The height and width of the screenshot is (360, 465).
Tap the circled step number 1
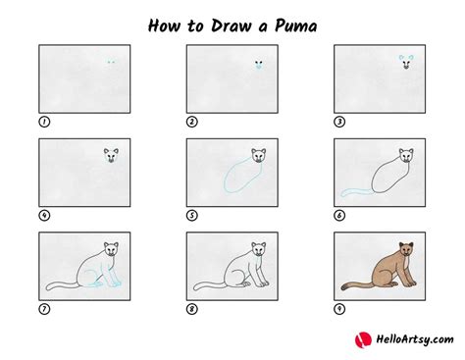43,123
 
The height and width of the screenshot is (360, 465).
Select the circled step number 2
192,123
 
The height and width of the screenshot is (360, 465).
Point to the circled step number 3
340,123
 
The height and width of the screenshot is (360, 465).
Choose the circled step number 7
43,309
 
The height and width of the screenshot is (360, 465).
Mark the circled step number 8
192,309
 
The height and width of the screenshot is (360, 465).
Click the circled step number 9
340,309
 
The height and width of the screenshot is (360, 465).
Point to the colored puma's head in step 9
405,248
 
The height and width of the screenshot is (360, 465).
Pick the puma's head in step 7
109,248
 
